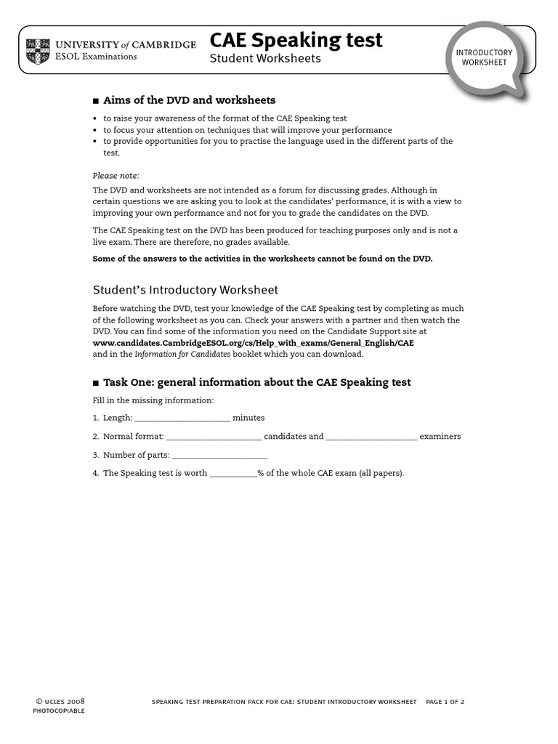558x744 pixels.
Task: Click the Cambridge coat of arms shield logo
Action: tap(38, 51)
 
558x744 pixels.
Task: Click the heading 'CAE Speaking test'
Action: tap(296, 41)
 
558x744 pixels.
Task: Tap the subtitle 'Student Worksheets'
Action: tap(264, 59)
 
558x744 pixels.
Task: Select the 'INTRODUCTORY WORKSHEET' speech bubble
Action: tap(484, 57)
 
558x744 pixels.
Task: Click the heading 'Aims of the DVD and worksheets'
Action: tap(189, 100)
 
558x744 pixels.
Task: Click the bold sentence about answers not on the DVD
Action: tap(262, 259)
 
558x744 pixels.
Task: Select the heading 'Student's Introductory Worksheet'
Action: tap(185, 290)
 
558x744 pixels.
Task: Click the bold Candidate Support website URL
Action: tap(253, 343)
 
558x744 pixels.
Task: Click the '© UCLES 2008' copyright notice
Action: tap(60, 701)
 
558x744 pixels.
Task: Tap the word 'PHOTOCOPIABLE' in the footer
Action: tap(59, 711)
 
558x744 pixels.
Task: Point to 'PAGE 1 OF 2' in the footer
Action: tap(445, 702)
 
